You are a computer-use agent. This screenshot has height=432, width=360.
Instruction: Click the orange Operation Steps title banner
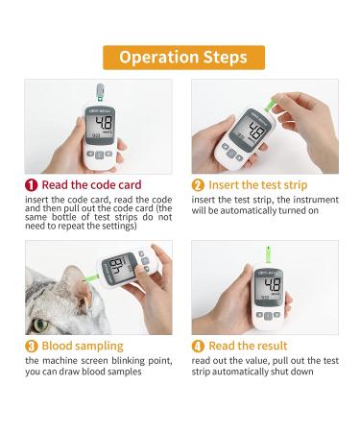(x=183, y=58)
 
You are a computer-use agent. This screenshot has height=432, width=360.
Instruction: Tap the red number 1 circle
(x=32, y=185)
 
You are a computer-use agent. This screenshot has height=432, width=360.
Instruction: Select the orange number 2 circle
(x=198, y=185)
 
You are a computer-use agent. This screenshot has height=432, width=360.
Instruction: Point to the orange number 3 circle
(x=32, y=347)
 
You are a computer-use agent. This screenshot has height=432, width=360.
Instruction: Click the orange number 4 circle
(x=198, y=347)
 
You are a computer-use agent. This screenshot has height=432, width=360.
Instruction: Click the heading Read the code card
(x=91, y=185)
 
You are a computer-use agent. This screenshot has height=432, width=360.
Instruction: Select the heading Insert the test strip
(x=258, y=185)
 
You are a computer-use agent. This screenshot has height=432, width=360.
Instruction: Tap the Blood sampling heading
(x=83, y=346)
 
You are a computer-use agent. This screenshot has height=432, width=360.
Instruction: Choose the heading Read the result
(x=248, y=346)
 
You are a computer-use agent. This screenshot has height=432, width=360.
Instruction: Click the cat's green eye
(x=40, y=325)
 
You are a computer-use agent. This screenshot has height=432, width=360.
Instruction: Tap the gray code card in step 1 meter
(x=100, y=92)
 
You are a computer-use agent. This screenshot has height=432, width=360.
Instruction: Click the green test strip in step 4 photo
(x=268, y=255)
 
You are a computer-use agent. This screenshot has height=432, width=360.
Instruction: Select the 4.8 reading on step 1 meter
(x=104, y=123)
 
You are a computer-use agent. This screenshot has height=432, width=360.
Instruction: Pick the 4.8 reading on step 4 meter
(x=273, y=284)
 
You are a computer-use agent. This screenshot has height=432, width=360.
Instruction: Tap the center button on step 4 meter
(x=268, y=316)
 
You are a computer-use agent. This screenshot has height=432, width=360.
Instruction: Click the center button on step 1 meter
(x=100, y=156)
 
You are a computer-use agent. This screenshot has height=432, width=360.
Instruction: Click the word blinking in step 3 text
(x=128, y=361)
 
